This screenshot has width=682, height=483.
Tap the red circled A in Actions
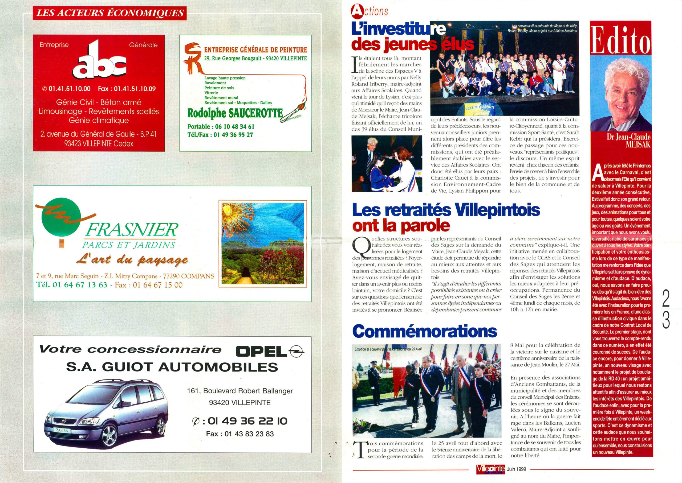click(356, 11)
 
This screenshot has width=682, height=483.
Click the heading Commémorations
click(424, 331)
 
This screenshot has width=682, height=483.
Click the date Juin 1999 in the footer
click(517, 469)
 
